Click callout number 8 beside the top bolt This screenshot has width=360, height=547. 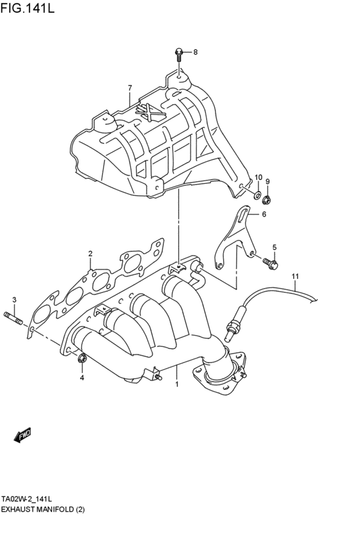click(195, 52)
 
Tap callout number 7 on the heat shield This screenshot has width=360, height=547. click(129, 88)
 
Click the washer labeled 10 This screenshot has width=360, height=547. click(256, 193)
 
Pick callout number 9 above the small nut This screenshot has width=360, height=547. click(267, 182)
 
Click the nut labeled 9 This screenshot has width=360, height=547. click(267, 197)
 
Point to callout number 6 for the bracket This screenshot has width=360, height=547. click(263, 215)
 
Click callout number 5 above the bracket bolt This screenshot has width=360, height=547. click(274, 247)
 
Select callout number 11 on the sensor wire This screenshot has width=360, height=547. click(295, 277)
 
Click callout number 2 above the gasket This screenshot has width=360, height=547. click(91, 253)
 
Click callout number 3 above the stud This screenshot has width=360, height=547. click(14, 300)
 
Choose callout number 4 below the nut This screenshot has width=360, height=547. click(82, 378)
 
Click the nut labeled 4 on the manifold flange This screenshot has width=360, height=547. click(82, 359)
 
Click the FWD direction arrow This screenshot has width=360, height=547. click(22, 435)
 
